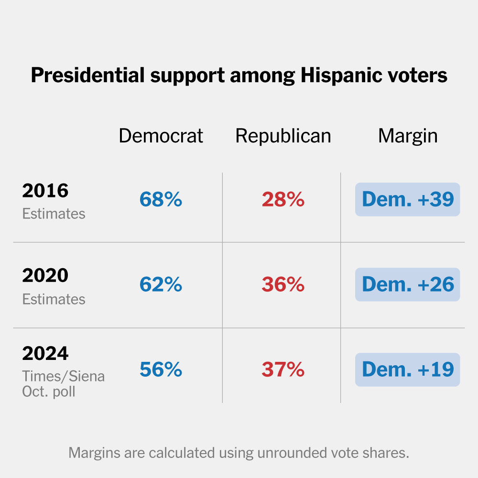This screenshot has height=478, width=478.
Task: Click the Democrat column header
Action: point(161,136)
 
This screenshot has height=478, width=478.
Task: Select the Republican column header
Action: point(283,136)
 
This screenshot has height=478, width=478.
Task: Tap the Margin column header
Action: point(407,136)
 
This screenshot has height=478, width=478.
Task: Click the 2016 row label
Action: point(45,191)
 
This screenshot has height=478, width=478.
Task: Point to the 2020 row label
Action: point(45,276)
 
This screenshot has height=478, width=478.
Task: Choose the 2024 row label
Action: point(45,354)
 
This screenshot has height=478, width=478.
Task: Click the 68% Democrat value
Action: point(161,199)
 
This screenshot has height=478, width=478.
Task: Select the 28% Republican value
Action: point(283,199)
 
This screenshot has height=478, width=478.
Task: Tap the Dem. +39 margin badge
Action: point(407,199)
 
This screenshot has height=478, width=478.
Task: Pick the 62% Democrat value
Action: point(161,284)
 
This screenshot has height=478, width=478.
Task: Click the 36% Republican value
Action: point(283,284)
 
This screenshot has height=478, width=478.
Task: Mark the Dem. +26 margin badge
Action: point(407,284)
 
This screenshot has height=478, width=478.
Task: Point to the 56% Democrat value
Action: point(161,369)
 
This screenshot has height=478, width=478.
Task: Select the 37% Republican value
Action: point(283,369)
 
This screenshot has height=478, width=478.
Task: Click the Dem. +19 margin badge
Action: point(407,369)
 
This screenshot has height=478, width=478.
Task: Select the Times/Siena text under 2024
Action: point(63,376)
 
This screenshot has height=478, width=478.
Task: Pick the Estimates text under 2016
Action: point(54,214)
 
